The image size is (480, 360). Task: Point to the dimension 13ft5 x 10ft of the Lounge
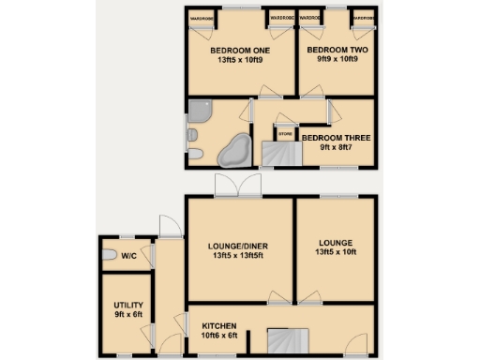(x=336, y=252)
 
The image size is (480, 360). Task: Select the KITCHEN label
(x=220, y=325)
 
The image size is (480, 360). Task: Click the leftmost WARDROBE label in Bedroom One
(x=202, y=19)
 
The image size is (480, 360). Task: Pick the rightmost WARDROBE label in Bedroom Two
(x=364, y=19)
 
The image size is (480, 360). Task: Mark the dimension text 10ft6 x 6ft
(x=221, y=335)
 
